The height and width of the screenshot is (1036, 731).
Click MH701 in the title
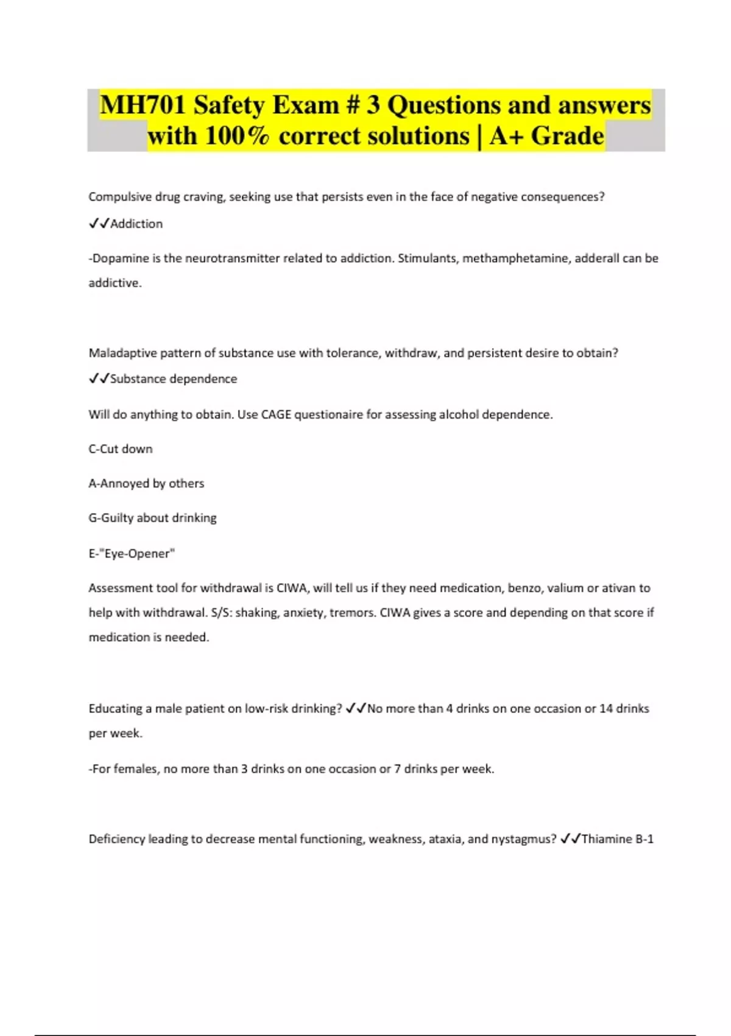(143, 105)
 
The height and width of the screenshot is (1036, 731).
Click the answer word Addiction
(136, 224)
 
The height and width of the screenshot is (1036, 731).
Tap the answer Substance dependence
(173, 379)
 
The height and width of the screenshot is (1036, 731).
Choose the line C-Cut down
(121, 449)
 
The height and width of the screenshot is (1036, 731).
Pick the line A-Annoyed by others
(146, 483)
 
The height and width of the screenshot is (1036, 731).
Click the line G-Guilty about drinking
(152, 518)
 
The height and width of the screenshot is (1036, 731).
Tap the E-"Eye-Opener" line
(132, 553)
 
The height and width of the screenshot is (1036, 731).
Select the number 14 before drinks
(606, 709)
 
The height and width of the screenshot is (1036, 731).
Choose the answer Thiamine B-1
(617, 839)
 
